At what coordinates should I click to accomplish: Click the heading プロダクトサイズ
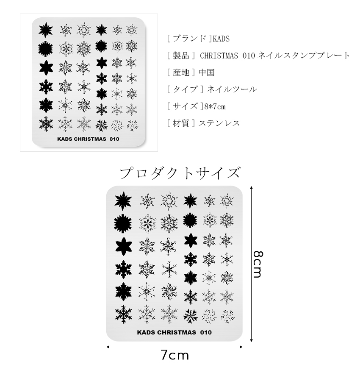click(180, 173)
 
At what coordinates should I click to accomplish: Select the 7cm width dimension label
click(174, 355)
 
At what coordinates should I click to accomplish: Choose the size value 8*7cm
click(213, 106)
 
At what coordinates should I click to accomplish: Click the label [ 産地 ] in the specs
click(180, 72)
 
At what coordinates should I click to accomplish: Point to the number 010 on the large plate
click(206, 332)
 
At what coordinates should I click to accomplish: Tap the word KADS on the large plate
click(146, 332)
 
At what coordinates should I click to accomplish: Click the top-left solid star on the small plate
click(45, 29)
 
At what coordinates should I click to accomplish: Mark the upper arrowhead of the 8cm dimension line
click(252, 187)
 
